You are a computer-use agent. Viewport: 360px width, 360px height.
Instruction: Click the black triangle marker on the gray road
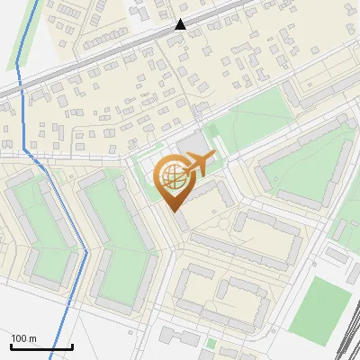click(181, 25)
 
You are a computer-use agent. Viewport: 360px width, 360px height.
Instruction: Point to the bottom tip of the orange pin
click(175, 211)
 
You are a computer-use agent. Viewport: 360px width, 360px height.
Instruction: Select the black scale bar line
click(41, 346)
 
